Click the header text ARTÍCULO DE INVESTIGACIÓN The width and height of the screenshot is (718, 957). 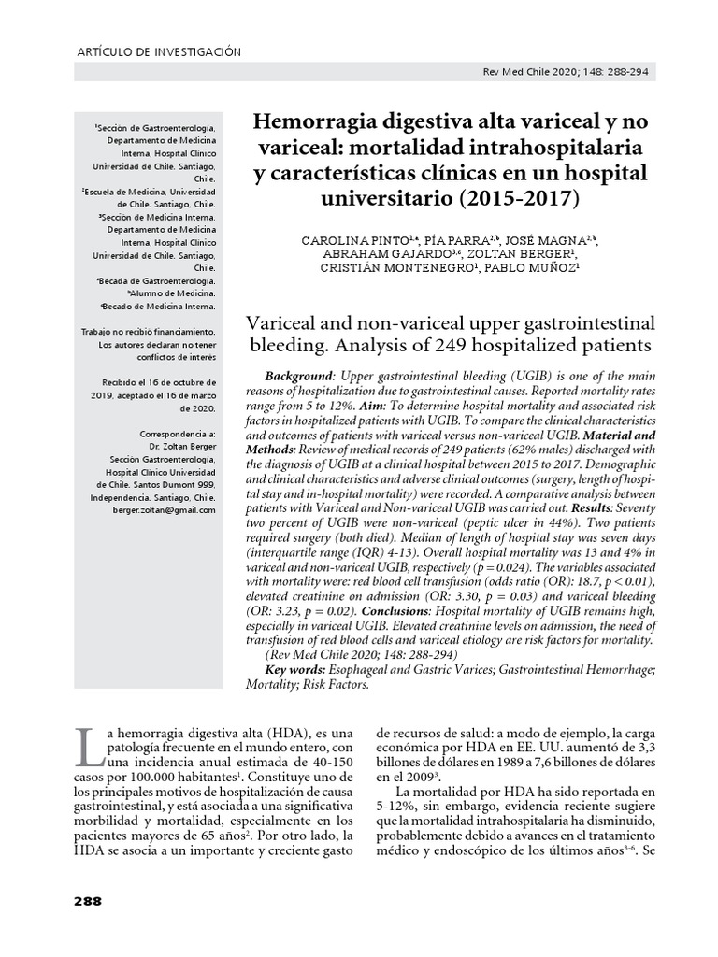point(157,52)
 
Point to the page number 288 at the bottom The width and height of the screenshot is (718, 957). point(86,901)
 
